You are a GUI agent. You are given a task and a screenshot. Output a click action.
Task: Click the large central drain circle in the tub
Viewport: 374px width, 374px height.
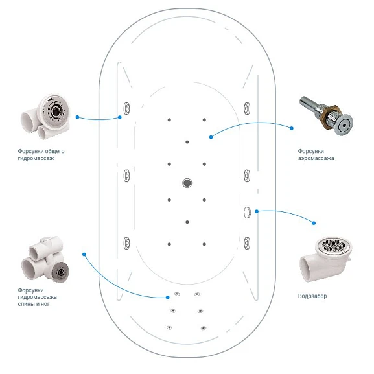(x=187, y=183)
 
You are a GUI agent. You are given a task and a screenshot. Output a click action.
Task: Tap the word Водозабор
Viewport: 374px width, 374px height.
(x=312, y=296)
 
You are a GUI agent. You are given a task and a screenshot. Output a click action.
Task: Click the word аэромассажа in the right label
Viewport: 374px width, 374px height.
(x=316, y=158)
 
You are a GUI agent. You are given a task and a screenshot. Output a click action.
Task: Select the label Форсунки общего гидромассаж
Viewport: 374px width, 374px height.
(x=41, y=154)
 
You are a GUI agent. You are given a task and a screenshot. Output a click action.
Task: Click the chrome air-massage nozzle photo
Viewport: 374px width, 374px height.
(x=327, y=115)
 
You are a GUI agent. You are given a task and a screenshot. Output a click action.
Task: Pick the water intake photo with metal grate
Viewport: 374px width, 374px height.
(x=325, y=259)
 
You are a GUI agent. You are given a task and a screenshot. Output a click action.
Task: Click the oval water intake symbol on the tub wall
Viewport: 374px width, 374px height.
(x=247, y=212)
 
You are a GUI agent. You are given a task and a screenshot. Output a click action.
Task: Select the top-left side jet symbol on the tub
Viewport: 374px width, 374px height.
(x=126, y=108)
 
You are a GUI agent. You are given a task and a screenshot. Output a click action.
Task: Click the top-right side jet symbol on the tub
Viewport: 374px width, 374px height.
(x=247, y=108)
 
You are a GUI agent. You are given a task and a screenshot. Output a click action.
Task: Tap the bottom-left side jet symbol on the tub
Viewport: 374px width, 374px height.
(x=126, y=243)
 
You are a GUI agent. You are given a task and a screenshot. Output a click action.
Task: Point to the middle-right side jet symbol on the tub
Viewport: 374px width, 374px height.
(x=247, y=176)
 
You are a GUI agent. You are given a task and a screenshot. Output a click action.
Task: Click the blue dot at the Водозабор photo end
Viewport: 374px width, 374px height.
(x=314, y=223)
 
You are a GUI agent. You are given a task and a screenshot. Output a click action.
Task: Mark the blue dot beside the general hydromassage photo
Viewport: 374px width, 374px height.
(x=77, y=117)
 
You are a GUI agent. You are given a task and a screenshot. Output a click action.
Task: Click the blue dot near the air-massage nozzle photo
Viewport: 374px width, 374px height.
(x=292, y=128)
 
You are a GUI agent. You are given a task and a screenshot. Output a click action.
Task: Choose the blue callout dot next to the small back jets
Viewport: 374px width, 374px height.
(x=168, y=298)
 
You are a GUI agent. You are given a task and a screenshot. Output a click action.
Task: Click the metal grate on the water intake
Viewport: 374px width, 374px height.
(x=334, y=245)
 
